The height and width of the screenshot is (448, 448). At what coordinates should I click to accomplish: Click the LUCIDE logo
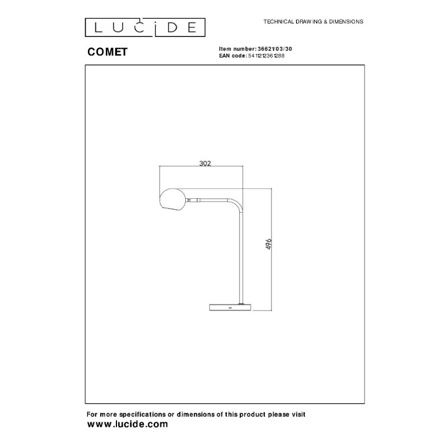[x=145, y=27]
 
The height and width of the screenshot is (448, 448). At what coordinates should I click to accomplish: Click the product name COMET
[x=108, y=52]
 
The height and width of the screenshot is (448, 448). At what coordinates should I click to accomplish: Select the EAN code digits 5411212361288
[x=267, y=55]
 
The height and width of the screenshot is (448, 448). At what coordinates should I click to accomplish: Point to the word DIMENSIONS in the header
[x=346, y=22]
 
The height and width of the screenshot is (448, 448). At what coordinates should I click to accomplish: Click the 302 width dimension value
[x=205, y=163]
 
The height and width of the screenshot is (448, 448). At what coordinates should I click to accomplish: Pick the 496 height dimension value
[x=269, y=244]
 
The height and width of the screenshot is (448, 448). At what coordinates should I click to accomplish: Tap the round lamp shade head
[x=172, y=200]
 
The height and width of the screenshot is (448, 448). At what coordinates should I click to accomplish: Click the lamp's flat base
[x=230, y=307]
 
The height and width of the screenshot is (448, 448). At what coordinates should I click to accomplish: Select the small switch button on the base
[x=230, y=307]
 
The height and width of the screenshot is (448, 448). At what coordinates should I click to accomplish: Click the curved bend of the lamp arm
[x=236, y=203]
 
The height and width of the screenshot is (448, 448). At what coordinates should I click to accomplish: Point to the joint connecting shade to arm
[x=193, y=200]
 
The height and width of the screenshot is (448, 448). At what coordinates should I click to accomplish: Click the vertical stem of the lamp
[x=241, y=257]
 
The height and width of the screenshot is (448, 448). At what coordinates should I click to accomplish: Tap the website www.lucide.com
[x=128, y=424]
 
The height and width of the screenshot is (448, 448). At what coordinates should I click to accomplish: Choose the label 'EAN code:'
[x=233, y=55]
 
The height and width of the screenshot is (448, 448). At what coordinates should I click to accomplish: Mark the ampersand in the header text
[x=325, y=22]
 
